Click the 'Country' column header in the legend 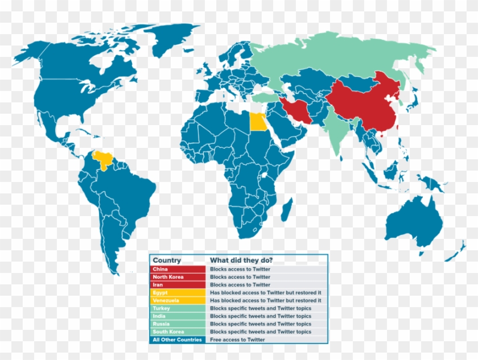pyautogui.click(x=167, y=260)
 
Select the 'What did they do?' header pyautogui.click(x=241, y=260)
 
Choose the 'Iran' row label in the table pyautogui.click(x=158, y=285)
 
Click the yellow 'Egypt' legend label pyautogui.click(x=160, y=293)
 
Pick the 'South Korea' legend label pyautogui.click(x=167, y=332)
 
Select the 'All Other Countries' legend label pyautogui.click(x=177, y=340)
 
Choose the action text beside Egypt pyautogui.click(x=266, y=293)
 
